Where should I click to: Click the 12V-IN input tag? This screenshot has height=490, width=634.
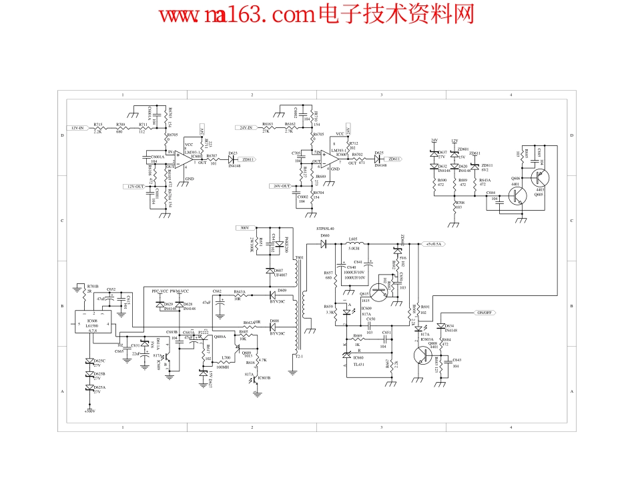point(79,127)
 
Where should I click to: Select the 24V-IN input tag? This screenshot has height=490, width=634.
point(242,127)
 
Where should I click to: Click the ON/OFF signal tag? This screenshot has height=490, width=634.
point(484,313)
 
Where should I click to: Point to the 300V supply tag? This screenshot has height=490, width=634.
point(243,228)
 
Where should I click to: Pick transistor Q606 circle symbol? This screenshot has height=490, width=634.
point(517,195)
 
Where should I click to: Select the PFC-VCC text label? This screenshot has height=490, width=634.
point(160,292)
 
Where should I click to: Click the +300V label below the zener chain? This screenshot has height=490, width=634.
point(89,411)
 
